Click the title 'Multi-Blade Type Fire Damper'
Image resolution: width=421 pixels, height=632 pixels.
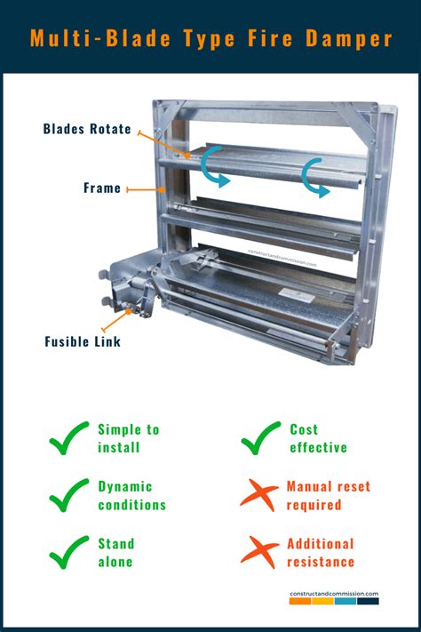(x=210, y=37)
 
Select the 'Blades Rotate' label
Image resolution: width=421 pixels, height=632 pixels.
(x=87, y=129)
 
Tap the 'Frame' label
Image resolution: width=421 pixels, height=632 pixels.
(x=102, y=188)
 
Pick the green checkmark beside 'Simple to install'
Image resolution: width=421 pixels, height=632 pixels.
(x=68, y=438)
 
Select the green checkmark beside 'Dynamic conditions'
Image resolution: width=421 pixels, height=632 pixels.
(x=68, y=495)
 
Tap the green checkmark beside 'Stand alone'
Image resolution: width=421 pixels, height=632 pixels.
(x=68, y=552)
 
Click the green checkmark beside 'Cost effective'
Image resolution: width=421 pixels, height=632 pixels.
(x=260, y=438)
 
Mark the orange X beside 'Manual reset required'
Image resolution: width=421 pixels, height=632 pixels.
(x=259, y=495)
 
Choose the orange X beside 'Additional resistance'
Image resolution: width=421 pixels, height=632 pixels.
(x=259, y=552)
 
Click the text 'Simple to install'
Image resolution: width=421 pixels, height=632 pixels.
(x=128, y=438)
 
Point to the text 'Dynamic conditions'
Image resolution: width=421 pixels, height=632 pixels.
(x=131, y=495)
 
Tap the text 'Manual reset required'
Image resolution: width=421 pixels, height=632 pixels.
(x=328, y=495)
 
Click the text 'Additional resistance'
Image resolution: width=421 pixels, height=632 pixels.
(x=320, y=552)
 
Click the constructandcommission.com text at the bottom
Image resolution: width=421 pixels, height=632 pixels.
(x=334, y=593)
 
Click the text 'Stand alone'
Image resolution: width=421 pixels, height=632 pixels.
(x=115, y=552)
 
